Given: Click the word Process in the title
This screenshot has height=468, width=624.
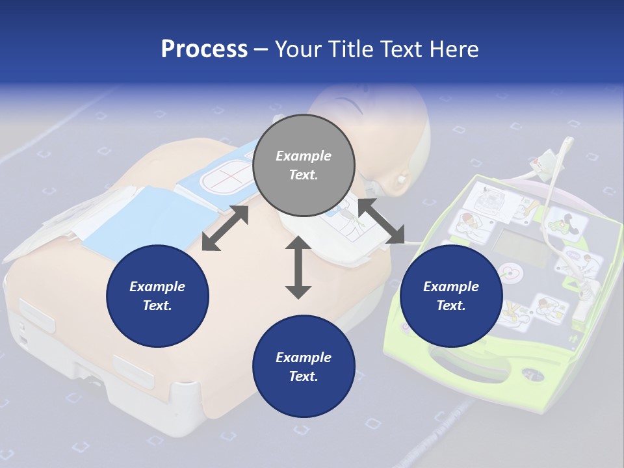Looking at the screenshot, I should click(x=204, y=49).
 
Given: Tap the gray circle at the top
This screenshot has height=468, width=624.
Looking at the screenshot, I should click(x=304, y=166).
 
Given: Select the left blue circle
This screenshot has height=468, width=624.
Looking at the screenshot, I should click(x=157, y=296).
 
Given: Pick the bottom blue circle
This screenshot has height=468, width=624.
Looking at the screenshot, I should click(x=304, y=367).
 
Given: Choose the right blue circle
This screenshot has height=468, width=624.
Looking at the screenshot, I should click(x=451, y=296).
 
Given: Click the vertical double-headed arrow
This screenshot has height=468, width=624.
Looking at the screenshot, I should click(x=298, y=268).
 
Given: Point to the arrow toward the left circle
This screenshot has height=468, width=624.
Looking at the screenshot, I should click(x=225, y=228).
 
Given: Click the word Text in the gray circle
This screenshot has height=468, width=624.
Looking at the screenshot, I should click(x=303, y=175).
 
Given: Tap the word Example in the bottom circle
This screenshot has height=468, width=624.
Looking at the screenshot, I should click(x=304, y=357).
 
